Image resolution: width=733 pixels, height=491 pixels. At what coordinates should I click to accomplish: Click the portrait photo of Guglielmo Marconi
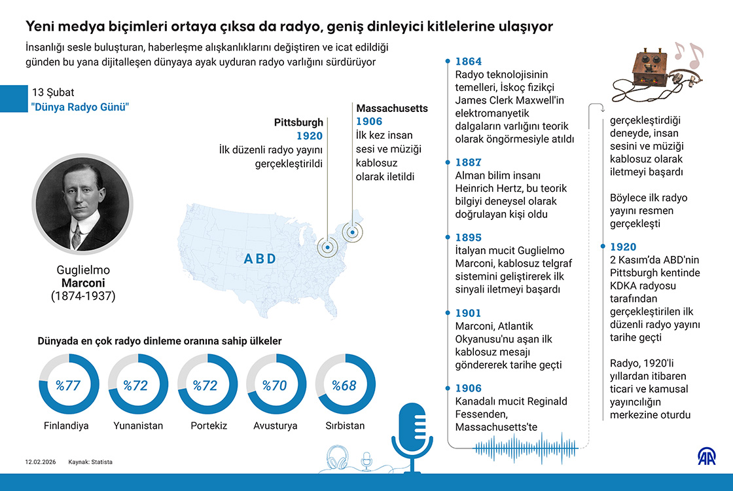coord(82,204)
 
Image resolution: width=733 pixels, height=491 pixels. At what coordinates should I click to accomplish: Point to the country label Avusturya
coord(276,426)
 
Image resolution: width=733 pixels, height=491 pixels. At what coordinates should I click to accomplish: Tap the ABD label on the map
coord(260,259)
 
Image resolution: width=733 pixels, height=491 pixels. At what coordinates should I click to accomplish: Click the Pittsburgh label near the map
coord(298,122)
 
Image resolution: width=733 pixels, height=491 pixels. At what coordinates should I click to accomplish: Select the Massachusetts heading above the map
coord(392,108)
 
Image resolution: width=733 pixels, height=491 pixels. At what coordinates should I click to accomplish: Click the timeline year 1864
coord(468,62)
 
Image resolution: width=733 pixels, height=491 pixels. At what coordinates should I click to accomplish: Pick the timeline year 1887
coord(468,162)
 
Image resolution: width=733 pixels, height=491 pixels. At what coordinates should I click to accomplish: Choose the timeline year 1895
coord(468,238)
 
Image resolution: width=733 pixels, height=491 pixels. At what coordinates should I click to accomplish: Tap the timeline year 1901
coord(468,314)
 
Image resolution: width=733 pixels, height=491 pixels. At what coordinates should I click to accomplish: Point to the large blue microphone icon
coord(412,435)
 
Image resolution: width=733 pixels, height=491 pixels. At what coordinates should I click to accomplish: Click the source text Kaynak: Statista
coord(90,462)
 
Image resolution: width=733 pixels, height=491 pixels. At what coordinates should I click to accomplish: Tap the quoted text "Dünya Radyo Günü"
coord(80,106)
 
